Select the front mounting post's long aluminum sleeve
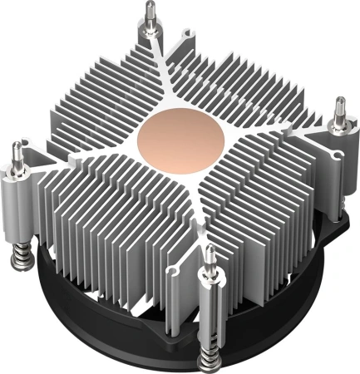(212, 299)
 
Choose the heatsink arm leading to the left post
(83, 154)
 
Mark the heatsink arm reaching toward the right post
(274, 125)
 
